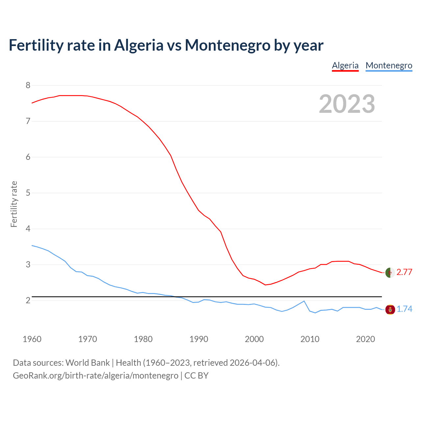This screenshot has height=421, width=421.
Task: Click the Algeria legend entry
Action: point(345,65)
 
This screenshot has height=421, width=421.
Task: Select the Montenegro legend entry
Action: point(389,65)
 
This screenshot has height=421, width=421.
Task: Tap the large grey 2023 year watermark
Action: point(347,104)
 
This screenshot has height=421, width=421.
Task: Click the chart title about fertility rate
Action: point(166,45)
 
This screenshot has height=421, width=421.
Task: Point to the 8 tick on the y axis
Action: point(28,86)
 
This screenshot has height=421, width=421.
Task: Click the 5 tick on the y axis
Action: point(28,193)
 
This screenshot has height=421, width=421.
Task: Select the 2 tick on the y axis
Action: point(28,300)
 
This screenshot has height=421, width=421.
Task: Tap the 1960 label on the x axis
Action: point(32,339)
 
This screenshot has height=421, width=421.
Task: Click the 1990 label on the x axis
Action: point(199,339)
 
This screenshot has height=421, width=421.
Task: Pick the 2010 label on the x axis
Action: point(310,339)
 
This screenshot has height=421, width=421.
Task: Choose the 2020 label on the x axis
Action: point(365,339)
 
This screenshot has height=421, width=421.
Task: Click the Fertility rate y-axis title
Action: point(14,204)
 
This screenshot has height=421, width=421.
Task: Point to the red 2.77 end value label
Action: point(404,272)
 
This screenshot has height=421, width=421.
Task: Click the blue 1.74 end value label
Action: point(404,309)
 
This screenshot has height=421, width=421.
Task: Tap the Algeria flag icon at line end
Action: point(390,273)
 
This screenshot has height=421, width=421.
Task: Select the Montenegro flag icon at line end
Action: point(390,310)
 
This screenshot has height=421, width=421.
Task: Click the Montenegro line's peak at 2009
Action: point(304,301)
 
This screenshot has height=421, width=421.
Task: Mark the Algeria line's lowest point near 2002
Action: point(265,285)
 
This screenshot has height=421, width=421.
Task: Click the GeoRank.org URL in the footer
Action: point(95,376)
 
